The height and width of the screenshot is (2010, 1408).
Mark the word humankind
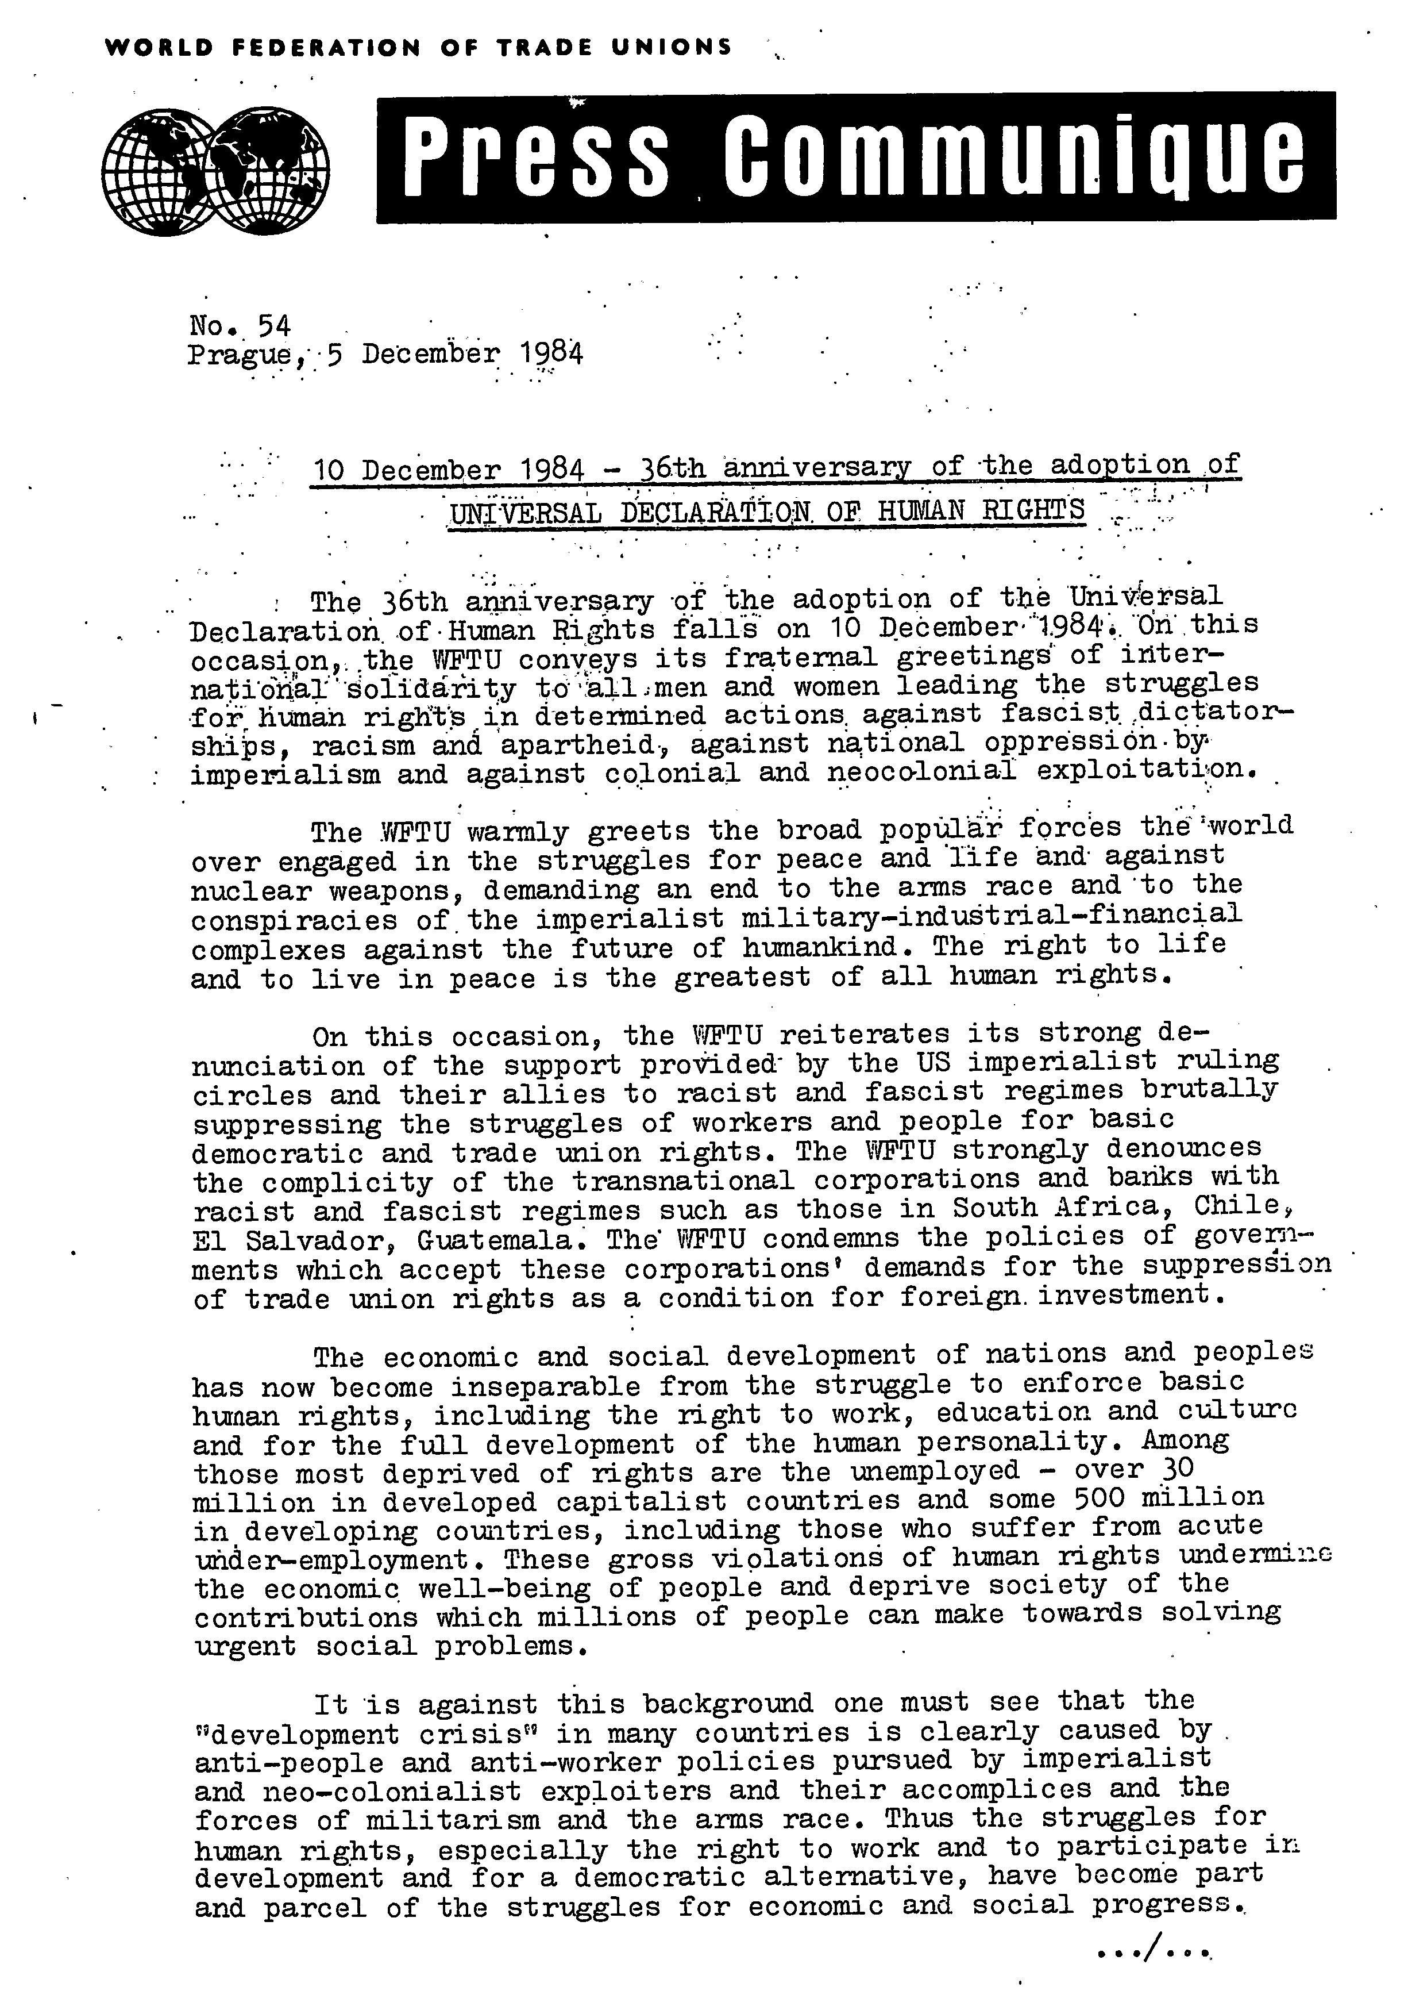tap(829, 948)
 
